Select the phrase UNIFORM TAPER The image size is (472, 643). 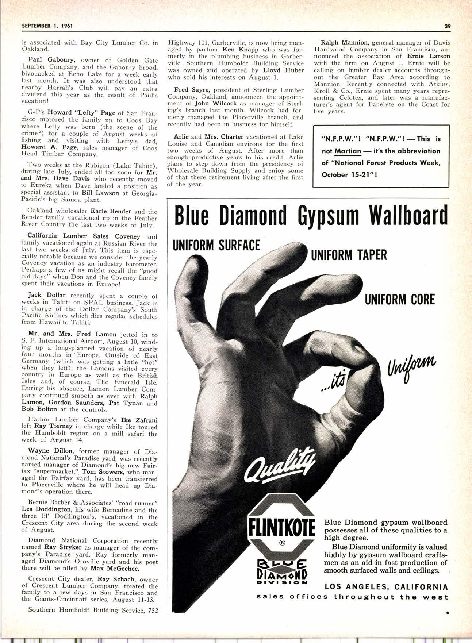point(349,255)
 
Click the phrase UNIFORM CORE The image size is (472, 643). point(400,300)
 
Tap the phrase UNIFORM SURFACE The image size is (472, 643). point(217,245)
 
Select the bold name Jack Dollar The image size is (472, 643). point(47,295)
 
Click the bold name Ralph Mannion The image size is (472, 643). point(344,42)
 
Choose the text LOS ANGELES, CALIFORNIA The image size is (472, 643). point(386,587)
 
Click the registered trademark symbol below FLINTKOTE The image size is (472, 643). point(282,542)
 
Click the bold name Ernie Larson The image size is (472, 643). point(429,56)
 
